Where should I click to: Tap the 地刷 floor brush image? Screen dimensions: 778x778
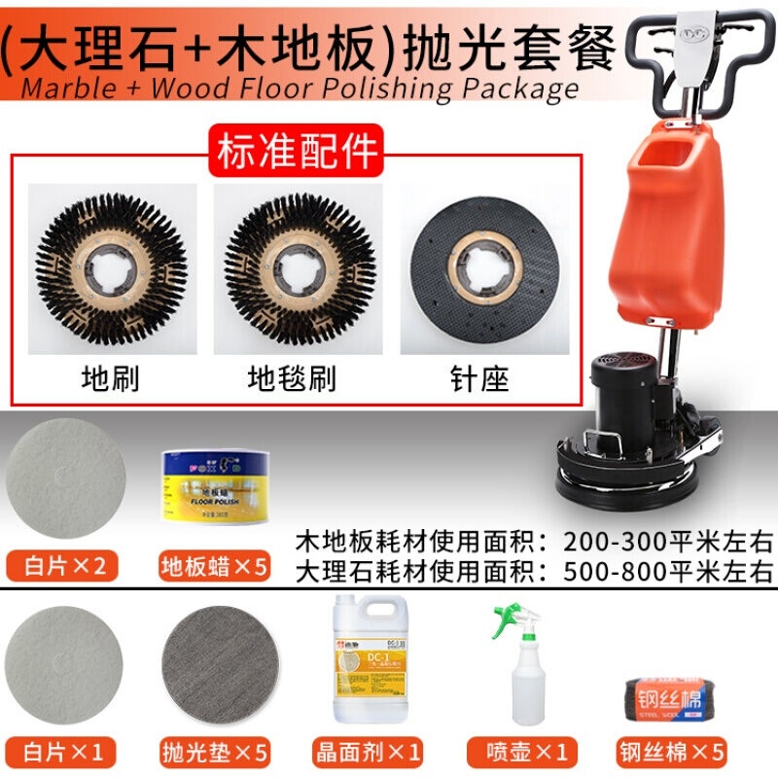pyautogui.click(x=112, y=269)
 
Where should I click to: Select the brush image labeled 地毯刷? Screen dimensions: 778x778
pyautogui.click(x=297, y=269)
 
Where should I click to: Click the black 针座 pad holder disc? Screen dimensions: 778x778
pyautogui.click(x=483, y=269)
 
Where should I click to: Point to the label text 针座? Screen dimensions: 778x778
pyautogui.click(x=482, y=378)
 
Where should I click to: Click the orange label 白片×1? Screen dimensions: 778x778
pyautogui.click(x=66, y=751)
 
